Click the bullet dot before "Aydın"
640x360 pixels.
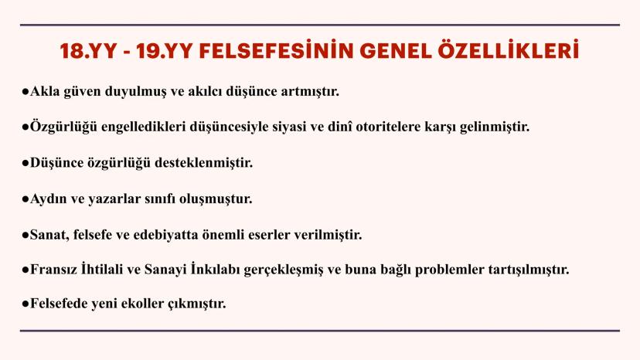[26, 199]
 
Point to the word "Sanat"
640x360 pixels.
[47, 235]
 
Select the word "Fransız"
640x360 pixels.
[56, 270]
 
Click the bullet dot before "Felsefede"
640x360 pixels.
[26, 304]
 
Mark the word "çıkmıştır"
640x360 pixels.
[201, 304]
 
